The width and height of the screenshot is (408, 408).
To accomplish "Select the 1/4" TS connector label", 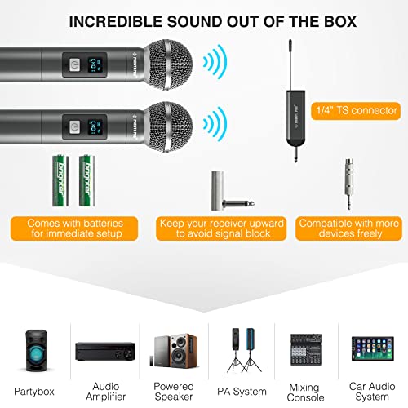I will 358,109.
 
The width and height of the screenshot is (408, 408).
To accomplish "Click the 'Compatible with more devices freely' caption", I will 348,228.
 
